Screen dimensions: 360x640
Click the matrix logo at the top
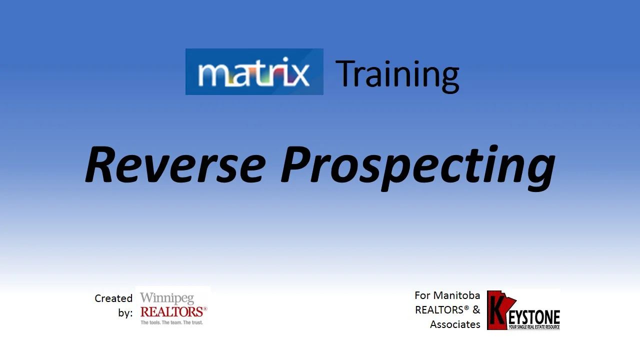[254, 72]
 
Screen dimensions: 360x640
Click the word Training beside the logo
[397, 74]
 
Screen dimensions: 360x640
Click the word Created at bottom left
[113, 298]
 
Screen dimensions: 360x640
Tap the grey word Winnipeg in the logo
[166, 298]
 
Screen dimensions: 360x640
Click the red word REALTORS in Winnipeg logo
[172, 312]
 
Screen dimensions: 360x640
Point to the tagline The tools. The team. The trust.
[171, 322]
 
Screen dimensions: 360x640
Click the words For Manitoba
[447, 295]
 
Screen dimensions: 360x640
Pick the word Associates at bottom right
[455, 324]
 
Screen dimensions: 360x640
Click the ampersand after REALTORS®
[476, 310]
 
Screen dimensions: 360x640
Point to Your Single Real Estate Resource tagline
[533, 327]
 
